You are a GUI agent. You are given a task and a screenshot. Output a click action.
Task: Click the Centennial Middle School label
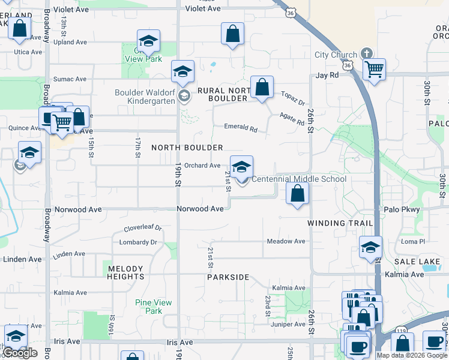pos(298,179)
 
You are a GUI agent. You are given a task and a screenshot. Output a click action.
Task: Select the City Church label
pos(336,55)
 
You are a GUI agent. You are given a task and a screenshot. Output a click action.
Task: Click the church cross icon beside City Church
pos(366,55)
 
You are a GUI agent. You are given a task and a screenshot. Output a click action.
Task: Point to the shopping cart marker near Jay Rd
pos(374,69)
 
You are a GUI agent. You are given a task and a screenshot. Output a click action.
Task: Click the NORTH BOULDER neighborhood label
pos(187,148)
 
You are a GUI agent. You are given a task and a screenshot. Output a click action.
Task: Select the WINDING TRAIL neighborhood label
pos(340,223)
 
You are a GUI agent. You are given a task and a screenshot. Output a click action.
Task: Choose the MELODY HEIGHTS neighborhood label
pos(125,272)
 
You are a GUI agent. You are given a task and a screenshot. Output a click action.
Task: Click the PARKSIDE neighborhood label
pos(228,277)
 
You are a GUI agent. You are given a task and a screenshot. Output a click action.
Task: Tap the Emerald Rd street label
pos(240,128)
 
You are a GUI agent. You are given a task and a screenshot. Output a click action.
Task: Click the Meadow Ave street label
pos(286,241)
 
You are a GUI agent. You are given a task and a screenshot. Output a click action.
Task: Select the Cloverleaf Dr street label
pos(143,228)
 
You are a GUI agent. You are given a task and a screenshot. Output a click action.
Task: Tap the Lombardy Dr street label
pos(137,242)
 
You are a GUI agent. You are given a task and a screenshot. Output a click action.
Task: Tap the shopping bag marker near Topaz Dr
pos(262,87)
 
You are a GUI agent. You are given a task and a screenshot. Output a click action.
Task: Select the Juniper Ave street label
pos(289,325)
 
